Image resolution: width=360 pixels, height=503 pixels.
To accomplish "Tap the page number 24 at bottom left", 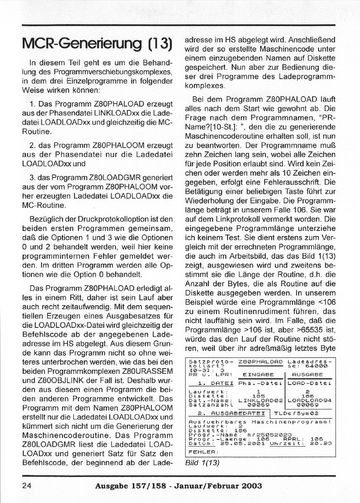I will [x=27, y=486].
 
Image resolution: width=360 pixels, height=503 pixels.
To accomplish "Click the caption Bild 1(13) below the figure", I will [x=202, y=463].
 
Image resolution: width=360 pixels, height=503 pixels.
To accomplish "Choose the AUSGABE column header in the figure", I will [x=308, y=375].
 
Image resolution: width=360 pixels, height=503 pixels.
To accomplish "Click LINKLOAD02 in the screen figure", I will [x=261, y=401].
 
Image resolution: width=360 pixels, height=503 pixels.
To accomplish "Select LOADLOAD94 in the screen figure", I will [x=310, y=401].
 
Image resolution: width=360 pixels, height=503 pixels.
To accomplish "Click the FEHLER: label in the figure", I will [x=202, y=452].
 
